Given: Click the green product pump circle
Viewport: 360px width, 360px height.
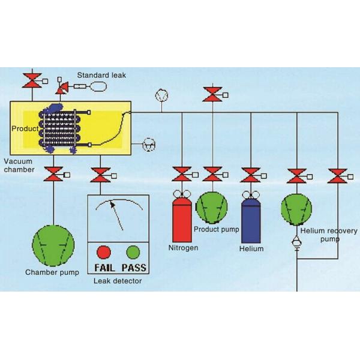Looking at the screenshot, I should tap(212, 206).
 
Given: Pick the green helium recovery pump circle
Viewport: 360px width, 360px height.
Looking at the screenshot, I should tap(296, 210).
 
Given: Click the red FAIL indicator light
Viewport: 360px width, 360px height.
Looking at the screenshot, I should tap(104, 251).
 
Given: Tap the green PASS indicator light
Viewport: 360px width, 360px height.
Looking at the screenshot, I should tap(133, 251).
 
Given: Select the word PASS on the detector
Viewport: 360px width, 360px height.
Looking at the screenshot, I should tap(134, 267).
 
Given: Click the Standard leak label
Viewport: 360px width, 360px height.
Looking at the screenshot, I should tap(101, 75).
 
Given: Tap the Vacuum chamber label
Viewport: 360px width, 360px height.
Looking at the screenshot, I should tap(19, 166).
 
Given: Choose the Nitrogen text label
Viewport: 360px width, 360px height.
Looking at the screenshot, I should tap(182, 247).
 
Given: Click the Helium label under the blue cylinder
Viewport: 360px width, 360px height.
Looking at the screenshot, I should tap(251, 248).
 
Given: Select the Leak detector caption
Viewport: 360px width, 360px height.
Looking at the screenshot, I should tap(118, 280).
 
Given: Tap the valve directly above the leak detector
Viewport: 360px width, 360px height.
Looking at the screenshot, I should tap(98, 175).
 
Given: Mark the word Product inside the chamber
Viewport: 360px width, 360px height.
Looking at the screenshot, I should tap(24, 128).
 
